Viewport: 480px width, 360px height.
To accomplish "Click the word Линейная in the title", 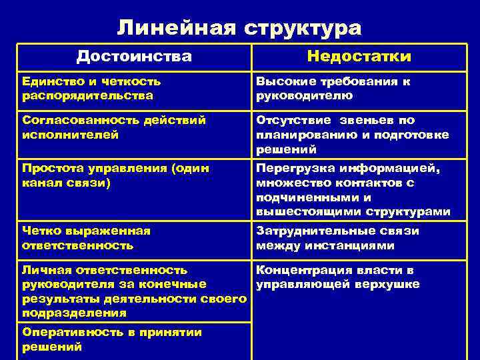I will (x=177, y=27).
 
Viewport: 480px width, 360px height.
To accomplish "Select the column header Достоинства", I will (x=134, y=57).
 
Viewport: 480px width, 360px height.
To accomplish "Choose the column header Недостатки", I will (x=359, y=57).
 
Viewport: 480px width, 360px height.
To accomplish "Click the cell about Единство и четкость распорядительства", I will (x=92, y=88).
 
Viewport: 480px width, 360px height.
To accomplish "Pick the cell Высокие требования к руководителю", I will (x=333, y=88).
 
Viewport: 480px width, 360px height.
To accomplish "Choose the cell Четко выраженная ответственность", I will (x=87, y=238).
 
